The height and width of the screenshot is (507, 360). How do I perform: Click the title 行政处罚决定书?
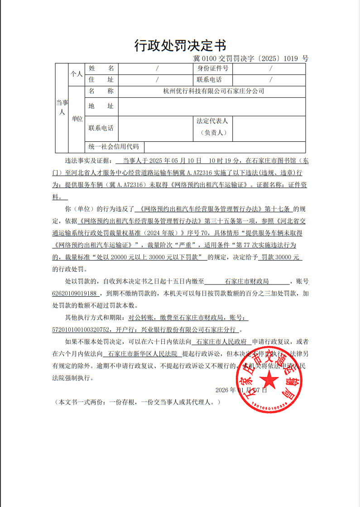click(180, 45)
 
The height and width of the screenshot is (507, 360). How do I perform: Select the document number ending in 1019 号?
click(250, 59)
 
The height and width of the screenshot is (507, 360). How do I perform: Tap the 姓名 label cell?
click(101, 68)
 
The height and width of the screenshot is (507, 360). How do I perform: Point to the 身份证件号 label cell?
click(213, 68)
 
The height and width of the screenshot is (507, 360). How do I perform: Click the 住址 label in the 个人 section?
click(101, 80)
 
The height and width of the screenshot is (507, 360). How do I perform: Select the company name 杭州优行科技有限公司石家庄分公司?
click(213, 91)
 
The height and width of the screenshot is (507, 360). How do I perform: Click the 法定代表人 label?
click(212, 121)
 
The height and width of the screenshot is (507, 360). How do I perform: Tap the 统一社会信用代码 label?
click(114, 147)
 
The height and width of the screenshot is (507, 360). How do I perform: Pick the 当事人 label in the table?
click(62, 107)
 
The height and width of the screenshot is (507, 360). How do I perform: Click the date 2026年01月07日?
click(241, 390)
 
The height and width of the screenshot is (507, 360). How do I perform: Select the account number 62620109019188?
click(75, 293)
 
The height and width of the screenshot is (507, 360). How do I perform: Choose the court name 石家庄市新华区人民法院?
click(142, 353)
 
